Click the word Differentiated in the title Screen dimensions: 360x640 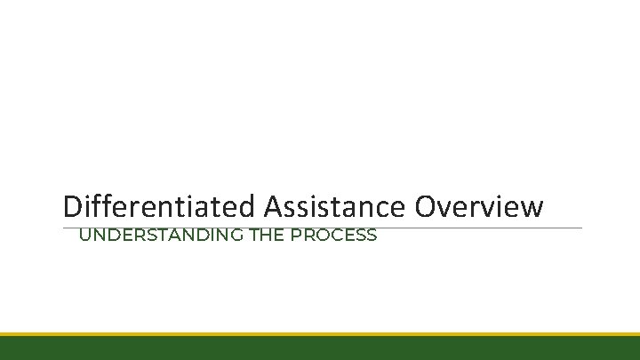(160, 206)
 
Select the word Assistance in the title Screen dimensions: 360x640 (335, 206)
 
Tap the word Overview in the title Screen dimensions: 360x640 (477, 206)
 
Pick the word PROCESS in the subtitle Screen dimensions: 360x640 (332, 236)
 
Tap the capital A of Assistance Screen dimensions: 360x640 (273, 206)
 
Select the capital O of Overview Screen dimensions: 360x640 (425, 206)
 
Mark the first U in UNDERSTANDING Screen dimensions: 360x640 (85, 236)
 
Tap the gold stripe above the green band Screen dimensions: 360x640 (320, 334)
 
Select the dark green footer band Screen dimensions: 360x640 (320, 348)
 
